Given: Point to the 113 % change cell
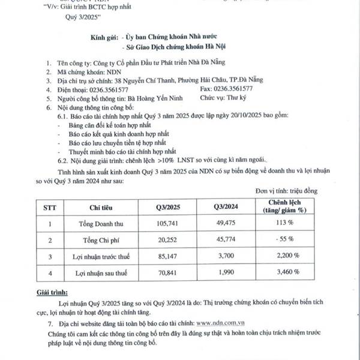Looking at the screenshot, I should (288, 224).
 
